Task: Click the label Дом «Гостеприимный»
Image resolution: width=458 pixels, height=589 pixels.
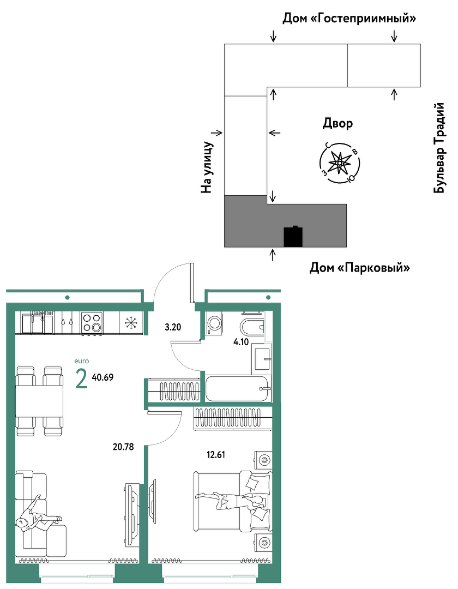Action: click(x=349, y=18)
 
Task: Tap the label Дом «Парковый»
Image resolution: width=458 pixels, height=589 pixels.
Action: click(x=359, y=268)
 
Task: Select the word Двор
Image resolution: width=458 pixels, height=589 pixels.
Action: click(x=338, y=124)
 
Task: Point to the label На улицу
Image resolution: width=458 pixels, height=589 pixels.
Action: click(x=207, y=167)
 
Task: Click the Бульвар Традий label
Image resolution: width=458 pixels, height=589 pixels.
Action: click(x=439, y=148)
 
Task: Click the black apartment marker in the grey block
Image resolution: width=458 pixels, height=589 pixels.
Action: click(x=293, y=236)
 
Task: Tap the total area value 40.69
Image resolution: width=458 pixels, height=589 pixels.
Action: click(x=103, y=377)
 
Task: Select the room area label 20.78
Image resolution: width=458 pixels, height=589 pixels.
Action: click(x=123, y=447)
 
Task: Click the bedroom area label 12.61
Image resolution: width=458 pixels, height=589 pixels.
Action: click(x=216, y=454)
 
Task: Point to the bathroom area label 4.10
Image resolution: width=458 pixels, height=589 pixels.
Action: click(x=241, y=342)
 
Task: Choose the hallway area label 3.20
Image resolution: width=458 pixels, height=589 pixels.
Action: click(x=173, y=327)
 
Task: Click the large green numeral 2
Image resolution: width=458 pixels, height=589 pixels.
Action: click(x=81, y=379)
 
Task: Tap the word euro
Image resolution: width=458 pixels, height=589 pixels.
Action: click(x=81, y=361)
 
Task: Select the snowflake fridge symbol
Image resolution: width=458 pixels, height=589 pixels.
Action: click(x=131, y=322)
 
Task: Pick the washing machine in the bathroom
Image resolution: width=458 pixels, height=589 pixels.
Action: click(x=214, y=323)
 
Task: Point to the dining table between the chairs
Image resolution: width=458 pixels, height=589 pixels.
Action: click(x=39, y=401)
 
